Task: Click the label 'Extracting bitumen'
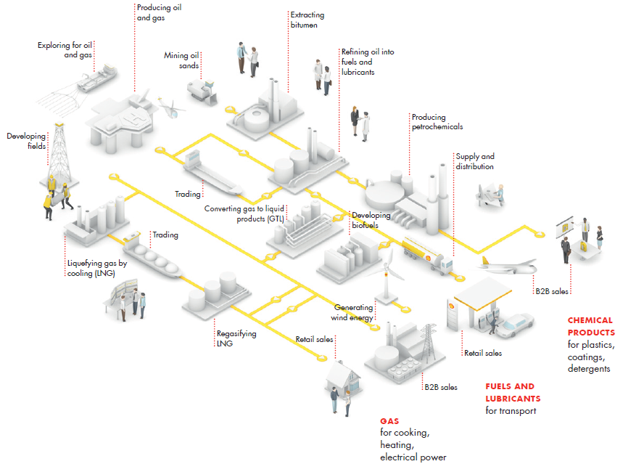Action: click(x=307, y=20)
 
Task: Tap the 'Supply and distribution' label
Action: click(x=474, y=161)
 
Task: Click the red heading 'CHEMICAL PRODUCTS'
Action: click(x=590, y=326)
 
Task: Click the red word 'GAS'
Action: click(x=389, y=420)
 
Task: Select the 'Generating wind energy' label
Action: click(x=354, y=312)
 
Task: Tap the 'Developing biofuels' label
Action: click(x=371, y=220)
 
